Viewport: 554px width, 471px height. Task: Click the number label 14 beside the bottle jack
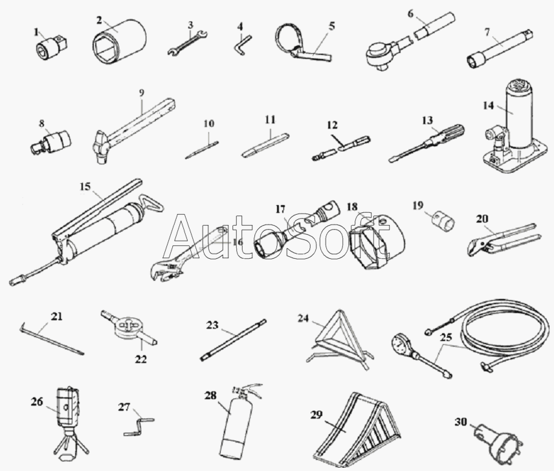[x=488, y=105]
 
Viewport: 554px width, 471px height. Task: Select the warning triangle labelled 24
[x=340, y=340]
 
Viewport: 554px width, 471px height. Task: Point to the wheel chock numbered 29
[x=357, y=431]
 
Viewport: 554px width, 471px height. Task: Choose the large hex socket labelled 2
[x=119, y=42]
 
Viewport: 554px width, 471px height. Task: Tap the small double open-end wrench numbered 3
[x=187, y=43]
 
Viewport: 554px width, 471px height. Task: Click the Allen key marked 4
[x=243, y=45]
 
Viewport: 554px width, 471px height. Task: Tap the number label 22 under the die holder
[x=140, y=360]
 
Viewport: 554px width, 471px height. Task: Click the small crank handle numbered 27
[x=139, y=426]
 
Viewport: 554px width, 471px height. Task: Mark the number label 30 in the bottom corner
[x=461, y=422]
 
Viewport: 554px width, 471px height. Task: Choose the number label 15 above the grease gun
[x=85, y=187]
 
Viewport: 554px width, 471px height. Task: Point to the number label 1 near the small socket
[x=36, y=32]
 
